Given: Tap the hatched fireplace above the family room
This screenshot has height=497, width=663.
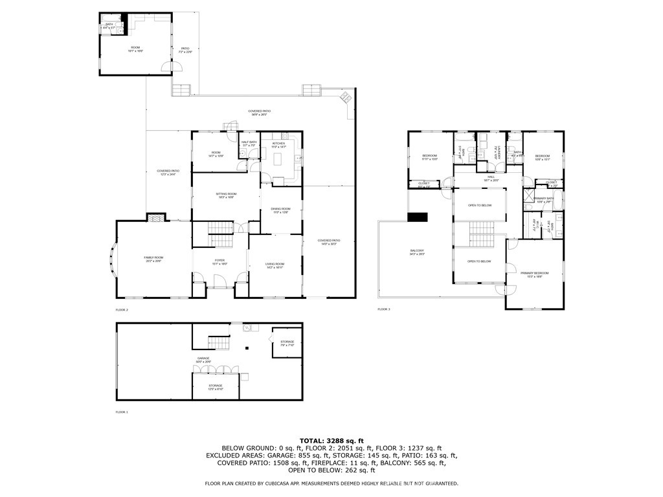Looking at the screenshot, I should pos(154,218).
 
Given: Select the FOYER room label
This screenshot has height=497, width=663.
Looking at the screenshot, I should pos(220,262).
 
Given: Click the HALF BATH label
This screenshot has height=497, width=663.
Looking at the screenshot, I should pos(249,144).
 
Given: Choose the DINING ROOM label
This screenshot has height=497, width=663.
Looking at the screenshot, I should pos(281,210).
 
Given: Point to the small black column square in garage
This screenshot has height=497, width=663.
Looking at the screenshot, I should pos(246,349).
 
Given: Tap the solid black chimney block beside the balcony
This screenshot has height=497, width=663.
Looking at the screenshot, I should pos(418,217).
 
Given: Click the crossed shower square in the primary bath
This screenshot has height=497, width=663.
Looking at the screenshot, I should pos(529,196).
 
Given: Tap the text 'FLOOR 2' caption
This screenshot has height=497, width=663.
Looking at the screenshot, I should pos(122,310).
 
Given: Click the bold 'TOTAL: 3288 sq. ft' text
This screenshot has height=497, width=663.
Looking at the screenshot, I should pos(331,441).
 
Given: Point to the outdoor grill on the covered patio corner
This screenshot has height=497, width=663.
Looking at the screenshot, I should pos(346,98).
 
